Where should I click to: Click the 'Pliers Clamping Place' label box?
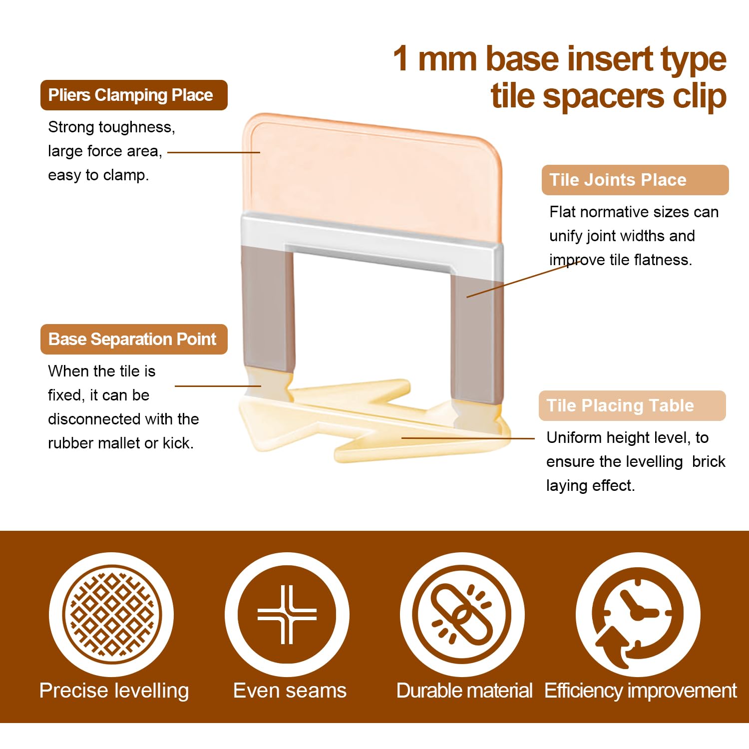pyautogui.click(x=134, y=95)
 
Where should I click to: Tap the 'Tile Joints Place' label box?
pyautogui.click(x=635, y=180)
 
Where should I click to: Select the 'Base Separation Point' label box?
pyautogui.click(x=134, y=339)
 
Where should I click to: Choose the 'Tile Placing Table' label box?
pyautogui.click(x=632, y=405)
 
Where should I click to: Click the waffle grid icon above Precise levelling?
pyautogui.click(x=111, y=614)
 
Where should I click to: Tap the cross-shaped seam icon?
pyautogui.click(x=287, y=614)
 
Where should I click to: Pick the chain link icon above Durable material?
pyautogui.click(x=462, y=614)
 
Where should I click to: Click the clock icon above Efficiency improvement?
pyautogui.click(x=638, y=614)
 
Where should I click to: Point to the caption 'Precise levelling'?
pyautogui.click(x=114, y=691)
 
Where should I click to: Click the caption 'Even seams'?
pyautogui.click(x=290, y=691)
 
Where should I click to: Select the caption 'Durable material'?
pyautogui.click(x=464, y=691)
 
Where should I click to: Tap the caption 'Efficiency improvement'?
pyautogui.click(x=641, y=691)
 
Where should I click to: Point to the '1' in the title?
pyautogui.click(x=401, y=58)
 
